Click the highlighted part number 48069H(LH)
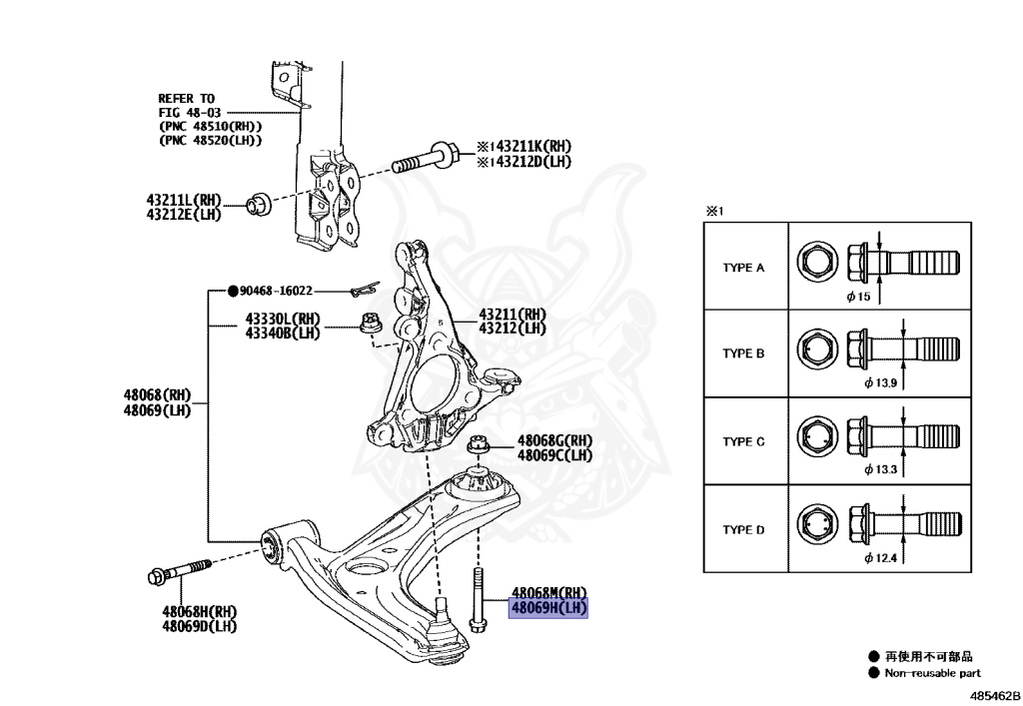[x=548, y=607]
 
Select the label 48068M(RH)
[x=549, y=592]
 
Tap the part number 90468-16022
[x=276, y=291]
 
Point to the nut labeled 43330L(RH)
[x=367, y=324]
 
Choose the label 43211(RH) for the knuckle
[x=512, y=314]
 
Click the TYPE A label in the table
[x=743, y=268]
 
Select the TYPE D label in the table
[x=743, y=529]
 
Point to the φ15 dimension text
[x=859, y=298]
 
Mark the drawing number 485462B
[x=993, y=693]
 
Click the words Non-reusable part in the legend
[x=932, y=673]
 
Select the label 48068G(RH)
[x=554, y=440]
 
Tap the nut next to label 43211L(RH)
[x=257, y=206]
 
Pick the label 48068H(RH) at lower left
[x=199, y=611]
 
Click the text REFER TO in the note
[x=186, y=98]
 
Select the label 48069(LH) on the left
[x=157, y=409]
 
